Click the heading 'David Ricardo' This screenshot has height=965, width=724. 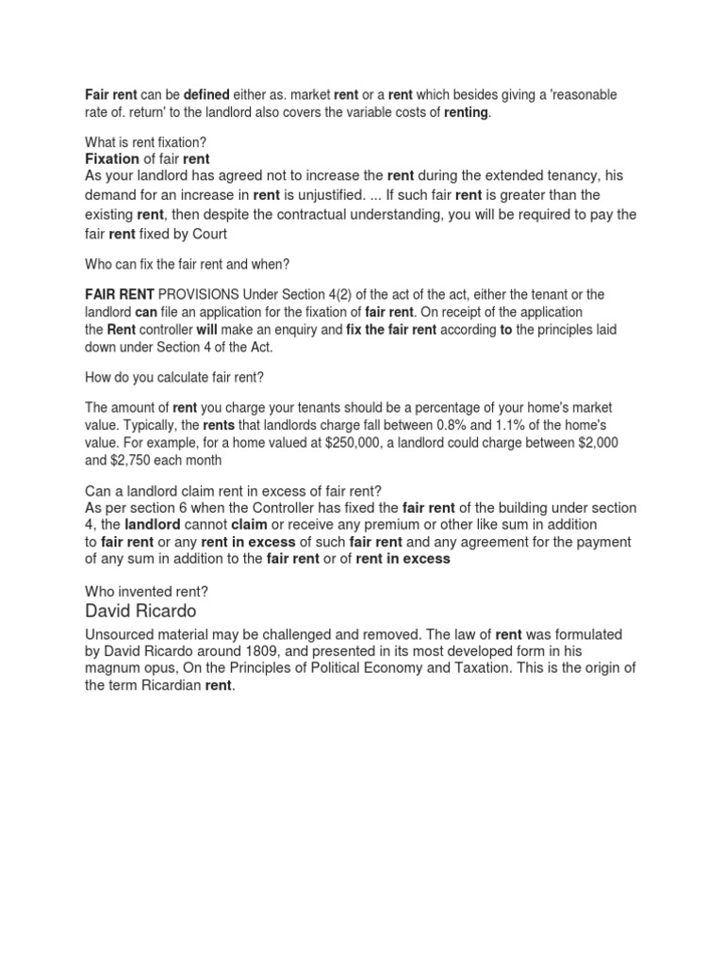click(140, 612)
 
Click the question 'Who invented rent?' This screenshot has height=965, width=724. click(146, 591)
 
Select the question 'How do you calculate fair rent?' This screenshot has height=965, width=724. click(174, 377)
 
